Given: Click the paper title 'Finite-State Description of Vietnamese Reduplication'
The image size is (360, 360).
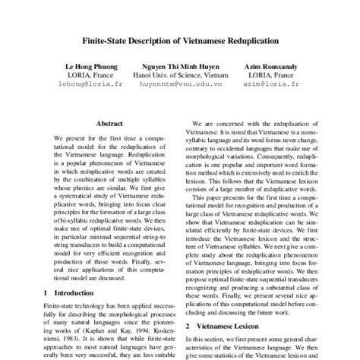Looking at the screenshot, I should point(180,39).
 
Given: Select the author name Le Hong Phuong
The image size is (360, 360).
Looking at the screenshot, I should point(77,67).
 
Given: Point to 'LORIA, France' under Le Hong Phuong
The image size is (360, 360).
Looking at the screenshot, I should point(75,76).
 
